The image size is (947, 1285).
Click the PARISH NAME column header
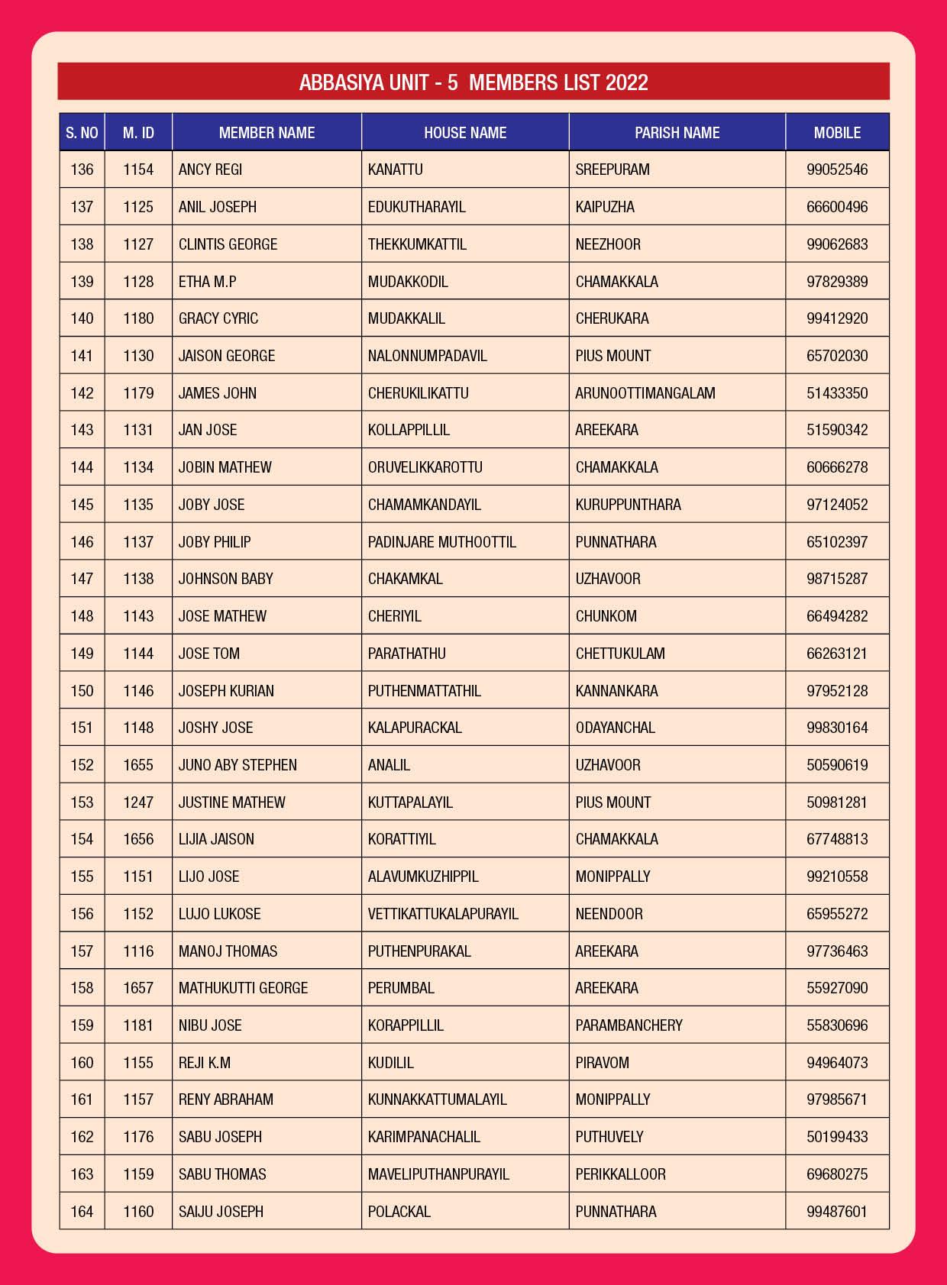click(x=677, y=133)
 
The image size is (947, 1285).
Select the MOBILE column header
click(x=837, y=133)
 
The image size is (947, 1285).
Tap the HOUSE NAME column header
click(x=465, y=133)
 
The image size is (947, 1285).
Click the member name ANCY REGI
click(x=210, y=170)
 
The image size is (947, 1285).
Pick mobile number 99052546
click(x=837, y=170)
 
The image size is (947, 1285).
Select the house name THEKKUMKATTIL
click(x=417, y=244)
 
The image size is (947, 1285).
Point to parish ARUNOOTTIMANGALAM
click(x=645, y=393)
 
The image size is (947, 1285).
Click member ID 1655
click(x=138, y=765)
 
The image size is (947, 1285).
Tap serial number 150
click(x=82, y=691)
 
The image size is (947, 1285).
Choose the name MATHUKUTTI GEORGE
click(x=243, y=988)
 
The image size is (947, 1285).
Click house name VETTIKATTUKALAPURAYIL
click(x=443, y=914)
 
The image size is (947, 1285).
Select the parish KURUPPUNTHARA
click(x=628, y=505)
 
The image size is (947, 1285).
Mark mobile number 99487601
click(x=837, y=1212)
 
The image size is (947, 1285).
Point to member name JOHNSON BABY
click(x=225, y=579)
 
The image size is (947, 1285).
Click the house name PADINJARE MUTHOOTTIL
click(x=441, y=542)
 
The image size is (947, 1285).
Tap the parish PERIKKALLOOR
click(x=620, y=1174)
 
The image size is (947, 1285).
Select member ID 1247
click(x=138, y=802)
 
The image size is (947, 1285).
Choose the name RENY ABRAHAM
click(x=225, y=1099)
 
